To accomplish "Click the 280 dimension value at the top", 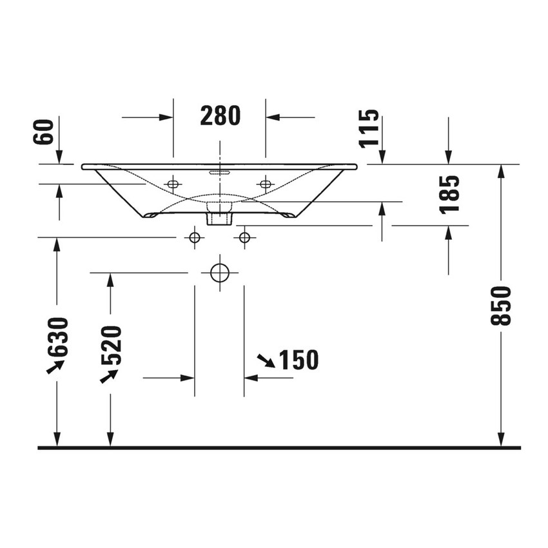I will pyautogui.click(x=220, y=116).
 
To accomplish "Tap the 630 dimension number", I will pyautogui.click(x=57, y=337).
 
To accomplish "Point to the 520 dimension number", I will pyautogui.click(x=111, y=346).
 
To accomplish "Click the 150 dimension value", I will pyautogui.click(x=298, y=360).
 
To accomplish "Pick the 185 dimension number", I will pyautogui.click(x=450, y=194).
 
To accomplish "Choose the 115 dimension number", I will pyautogui.click(x=370, y=128).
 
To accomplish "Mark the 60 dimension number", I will pyautogui.click(x=44, y=132).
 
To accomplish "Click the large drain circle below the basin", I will pyautogui.click(x=220, y=273).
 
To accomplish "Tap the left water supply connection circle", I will pyautogui.click(x=194, y=238).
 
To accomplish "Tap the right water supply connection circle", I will pyautogui.click(x=244, y=238).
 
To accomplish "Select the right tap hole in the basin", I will pyautogui.click(x=265, y=184).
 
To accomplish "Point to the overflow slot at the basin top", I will pyautogui.click(x=220, y=172).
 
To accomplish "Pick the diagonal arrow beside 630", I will pyautogui.click(x=55, y=366).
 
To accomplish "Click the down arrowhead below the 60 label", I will pyautogui.click(x=59, y=157).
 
